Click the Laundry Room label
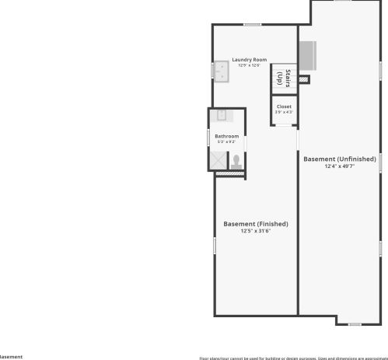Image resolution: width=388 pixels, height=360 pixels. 249,60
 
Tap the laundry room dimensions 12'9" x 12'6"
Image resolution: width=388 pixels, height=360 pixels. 249,65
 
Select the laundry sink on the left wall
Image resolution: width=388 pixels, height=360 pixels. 222,72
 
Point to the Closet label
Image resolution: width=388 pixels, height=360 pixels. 284,107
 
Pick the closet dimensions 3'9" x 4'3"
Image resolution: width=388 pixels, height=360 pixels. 284,112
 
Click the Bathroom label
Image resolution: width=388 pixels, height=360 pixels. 226,137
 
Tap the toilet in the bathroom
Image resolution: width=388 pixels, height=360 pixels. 236,161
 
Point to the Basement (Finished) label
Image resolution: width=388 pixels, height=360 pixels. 255,224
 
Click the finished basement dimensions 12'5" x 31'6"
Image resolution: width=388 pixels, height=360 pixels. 255,230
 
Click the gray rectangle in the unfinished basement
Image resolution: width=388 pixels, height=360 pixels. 306,54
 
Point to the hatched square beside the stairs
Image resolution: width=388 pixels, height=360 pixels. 304,79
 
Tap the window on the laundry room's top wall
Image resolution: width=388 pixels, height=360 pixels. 251,25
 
